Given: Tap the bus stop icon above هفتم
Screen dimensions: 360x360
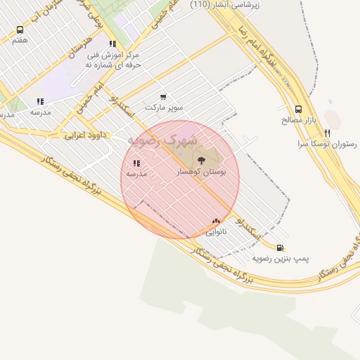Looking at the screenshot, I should tap(20, 30).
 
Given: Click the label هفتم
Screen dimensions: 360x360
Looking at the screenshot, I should tap(20, 41).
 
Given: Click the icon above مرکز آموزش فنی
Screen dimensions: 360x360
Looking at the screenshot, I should tap(112, 43).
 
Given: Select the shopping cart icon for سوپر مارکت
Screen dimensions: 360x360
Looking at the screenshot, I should tap(163, 97).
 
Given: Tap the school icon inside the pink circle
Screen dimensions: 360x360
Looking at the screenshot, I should tap(136, 163).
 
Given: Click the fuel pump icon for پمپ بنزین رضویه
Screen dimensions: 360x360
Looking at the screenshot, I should tap(281, 247).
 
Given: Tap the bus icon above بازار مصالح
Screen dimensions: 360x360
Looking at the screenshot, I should tap(298, 109).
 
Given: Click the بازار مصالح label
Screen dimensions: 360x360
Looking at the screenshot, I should tap(298, 120).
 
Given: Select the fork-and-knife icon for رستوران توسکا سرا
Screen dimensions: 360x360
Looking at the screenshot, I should tap(328, 133).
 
